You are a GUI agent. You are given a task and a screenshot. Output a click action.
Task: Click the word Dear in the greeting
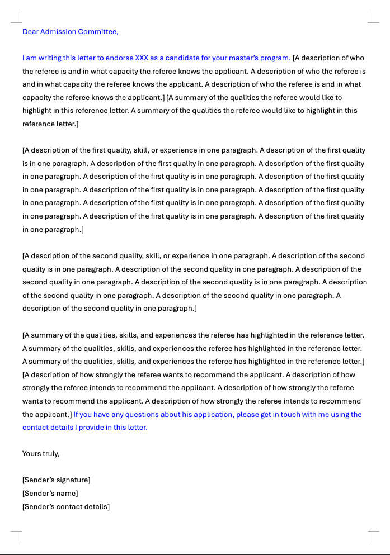click(x=30, y=32)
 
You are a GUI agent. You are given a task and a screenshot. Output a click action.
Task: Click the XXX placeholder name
click(x=142, y=58)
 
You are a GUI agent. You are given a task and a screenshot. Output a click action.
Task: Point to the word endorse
click(x=119, y=58)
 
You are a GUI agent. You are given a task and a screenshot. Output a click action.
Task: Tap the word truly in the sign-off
click(x=51, y=454)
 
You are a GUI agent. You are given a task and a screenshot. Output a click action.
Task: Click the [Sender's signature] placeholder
click(x=56, y=480)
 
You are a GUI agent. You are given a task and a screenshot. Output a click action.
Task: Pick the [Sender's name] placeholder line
click(x=50, y=494)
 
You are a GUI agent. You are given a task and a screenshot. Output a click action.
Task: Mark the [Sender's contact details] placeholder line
click(x=66, y=507)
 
